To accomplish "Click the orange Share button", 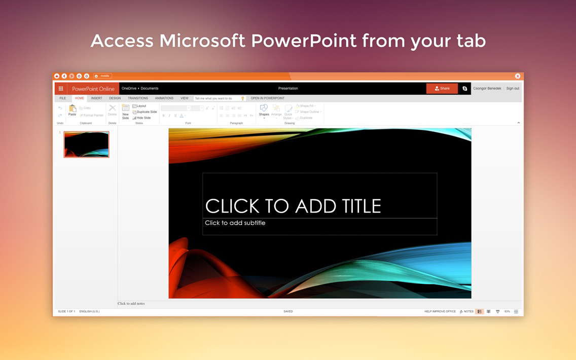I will (442, 88).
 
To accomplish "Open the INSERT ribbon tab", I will (96, 98).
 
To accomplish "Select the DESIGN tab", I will (115, 98).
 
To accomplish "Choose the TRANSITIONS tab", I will (138, 98).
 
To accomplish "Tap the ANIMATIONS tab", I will (164, 98).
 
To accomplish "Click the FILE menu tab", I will (62, 98).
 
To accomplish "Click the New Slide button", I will (125, 112).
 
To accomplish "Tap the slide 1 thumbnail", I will (86, 145).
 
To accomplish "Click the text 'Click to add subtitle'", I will (235, 223).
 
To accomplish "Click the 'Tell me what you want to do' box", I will (217, 98).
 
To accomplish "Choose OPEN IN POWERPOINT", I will (267, 98).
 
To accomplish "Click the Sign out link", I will (512, 88).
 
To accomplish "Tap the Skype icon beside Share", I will (464, 88).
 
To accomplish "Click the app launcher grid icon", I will (61, 89).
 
